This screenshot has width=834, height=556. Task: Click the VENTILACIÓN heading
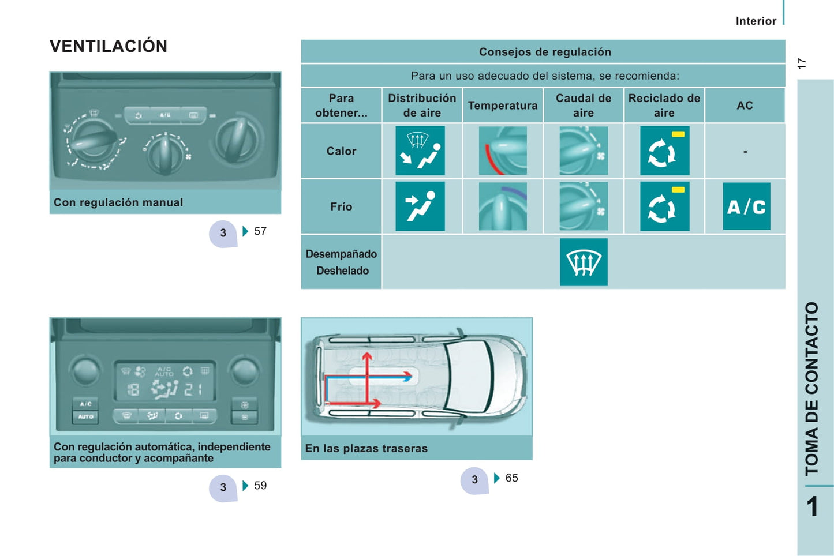point(109,46)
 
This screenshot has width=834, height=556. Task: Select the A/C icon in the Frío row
point(746,206)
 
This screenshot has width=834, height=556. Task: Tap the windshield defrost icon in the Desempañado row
point(584,262)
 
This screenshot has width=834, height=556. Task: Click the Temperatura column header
point(502,106)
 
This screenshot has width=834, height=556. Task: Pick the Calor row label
point(341,151)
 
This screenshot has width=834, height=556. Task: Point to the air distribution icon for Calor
point(420,151)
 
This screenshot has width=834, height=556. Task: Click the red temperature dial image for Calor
point(502,151)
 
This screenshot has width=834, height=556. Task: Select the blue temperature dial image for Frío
point(502,206)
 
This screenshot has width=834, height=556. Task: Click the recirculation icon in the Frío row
point(664,206)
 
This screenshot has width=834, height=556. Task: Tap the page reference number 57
point(260,231)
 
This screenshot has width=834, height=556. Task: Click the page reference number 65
point(511,478)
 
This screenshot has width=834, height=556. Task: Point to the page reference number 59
point(260,486)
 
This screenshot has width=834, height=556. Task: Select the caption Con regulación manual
point(118,202)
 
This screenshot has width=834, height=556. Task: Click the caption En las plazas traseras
point(366,449)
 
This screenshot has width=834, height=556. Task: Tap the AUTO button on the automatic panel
point(85,416)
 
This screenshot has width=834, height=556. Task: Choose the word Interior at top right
point(756,21)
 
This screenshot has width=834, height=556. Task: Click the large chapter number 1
point(812,507)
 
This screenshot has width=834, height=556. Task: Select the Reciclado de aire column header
point(664,106)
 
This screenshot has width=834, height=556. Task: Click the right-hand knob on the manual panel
point(237,140)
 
